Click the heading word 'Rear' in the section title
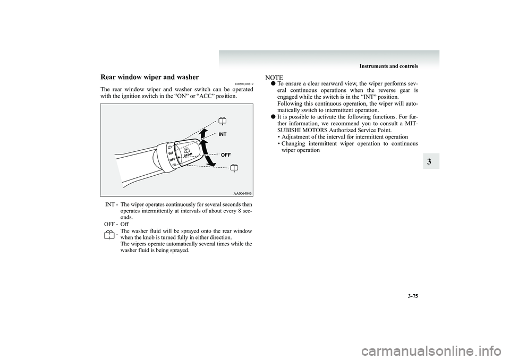108,77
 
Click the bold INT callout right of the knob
223,134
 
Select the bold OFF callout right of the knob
226,155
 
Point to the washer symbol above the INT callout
222,121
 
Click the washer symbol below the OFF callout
234,168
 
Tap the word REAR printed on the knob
188,155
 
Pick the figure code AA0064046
242,193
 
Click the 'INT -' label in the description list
111,204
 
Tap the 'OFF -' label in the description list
111,225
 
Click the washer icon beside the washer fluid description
109,235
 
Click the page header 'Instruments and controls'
389,66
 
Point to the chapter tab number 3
429,162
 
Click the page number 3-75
412,296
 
